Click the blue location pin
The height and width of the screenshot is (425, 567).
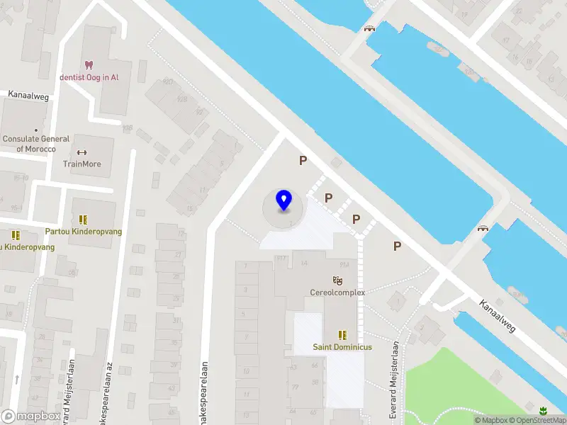tap(283, 200)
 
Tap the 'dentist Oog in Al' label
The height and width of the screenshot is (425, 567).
tap(89, 77)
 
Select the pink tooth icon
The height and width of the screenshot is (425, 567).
tap(89, 64)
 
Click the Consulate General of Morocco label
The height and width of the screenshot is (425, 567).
tap(35, 144)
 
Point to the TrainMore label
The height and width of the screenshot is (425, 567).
tap(82, 164)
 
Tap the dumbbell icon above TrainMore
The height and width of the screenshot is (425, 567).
tap(82, 152)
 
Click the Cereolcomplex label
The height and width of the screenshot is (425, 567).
tap(337, 293)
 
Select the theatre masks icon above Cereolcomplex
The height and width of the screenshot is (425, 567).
tap(337, 280)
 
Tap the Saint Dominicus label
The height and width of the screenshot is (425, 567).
tap(342, 347)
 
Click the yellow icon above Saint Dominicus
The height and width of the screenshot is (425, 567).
tap(343, 335)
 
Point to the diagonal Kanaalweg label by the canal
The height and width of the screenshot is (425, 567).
tap(495, 315)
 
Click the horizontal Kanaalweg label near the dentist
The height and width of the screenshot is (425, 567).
tap(28, 95)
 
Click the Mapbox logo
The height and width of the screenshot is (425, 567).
tap(31, 416)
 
